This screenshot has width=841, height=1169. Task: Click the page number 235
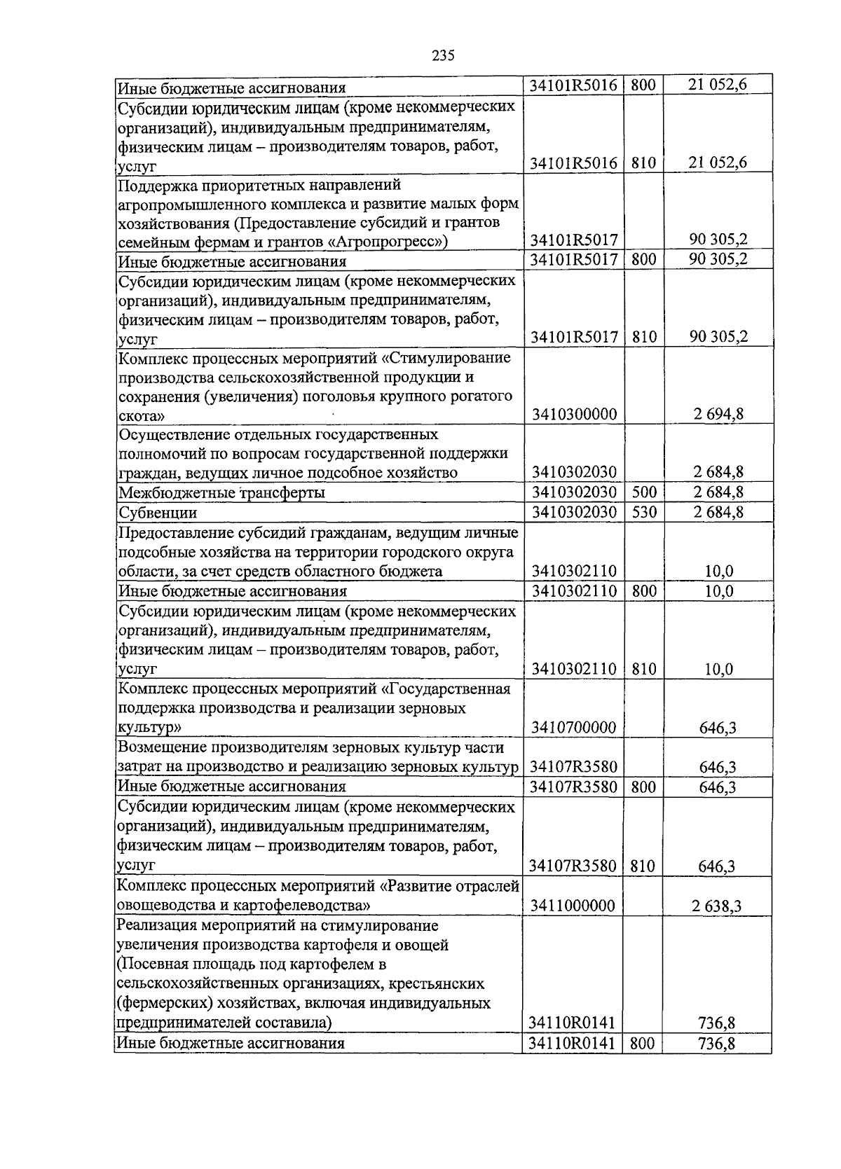tap(443, 55)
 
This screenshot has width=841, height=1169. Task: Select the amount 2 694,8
tap(718, 414)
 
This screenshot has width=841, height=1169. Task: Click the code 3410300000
tap(574, 414)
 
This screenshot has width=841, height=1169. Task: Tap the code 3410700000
tap(574, 727)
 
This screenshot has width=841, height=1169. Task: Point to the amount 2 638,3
tap(717, 906)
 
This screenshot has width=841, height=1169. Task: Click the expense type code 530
tap(643, 512)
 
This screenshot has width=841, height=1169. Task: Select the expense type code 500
tap(643, 492)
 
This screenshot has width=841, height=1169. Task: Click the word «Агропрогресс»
tap(401, 242)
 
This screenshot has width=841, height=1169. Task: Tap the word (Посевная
tap(151, 964)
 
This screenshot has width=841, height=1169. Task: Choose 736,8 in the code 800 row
tap(717, 1044)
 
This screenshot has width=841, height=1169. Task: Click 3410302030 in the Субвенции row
tap(574, 512)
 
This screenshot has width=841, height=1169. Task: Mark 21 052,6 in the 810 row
tap(718, 162)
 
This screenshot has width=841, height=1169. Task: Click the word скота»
tap(142, 415)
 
